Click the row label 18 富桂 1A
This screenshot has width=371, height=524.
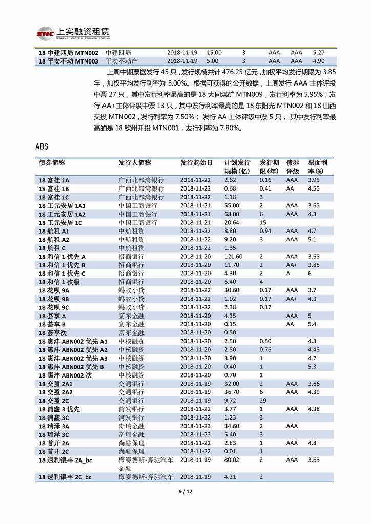[54, 180]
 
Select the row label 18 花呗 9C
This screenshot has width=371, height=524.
[54, 307]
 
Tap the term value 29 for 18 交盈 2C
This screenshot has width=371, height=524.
[262, 400]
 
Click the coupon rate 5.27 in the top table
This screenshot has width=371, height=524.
[319, 52]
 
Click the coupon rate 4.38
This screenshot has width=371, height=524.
[314, 408]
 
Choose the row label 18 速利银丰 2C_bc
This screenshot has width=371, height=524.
[65, 477]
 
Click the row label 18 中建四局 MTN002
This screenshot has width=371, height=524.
[68, 52]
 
